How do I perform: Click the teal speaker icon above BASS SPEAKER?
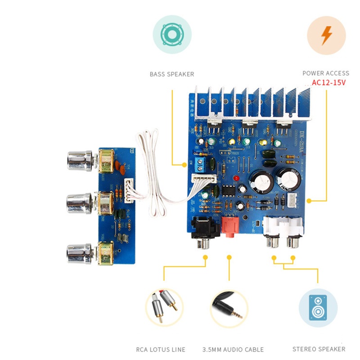tap(172, 35)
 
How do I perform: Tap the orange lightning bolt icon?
tap(326, 35)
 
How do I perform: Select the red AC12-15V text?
tap(328, 83)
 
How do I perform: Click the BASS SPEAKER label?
tap(172, 74)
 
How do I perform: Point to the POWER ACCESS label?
tap(325, 73)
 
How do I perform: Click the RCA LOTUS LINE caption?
tap(161, 349)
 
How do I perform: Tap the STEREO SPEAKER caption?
tap(319, 349)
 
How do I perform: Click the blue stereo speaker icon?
tap(318, 308)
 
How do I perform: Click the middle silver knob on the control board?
tap(80, 203)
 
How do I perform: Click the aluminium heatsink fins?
tap(252, 101)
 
